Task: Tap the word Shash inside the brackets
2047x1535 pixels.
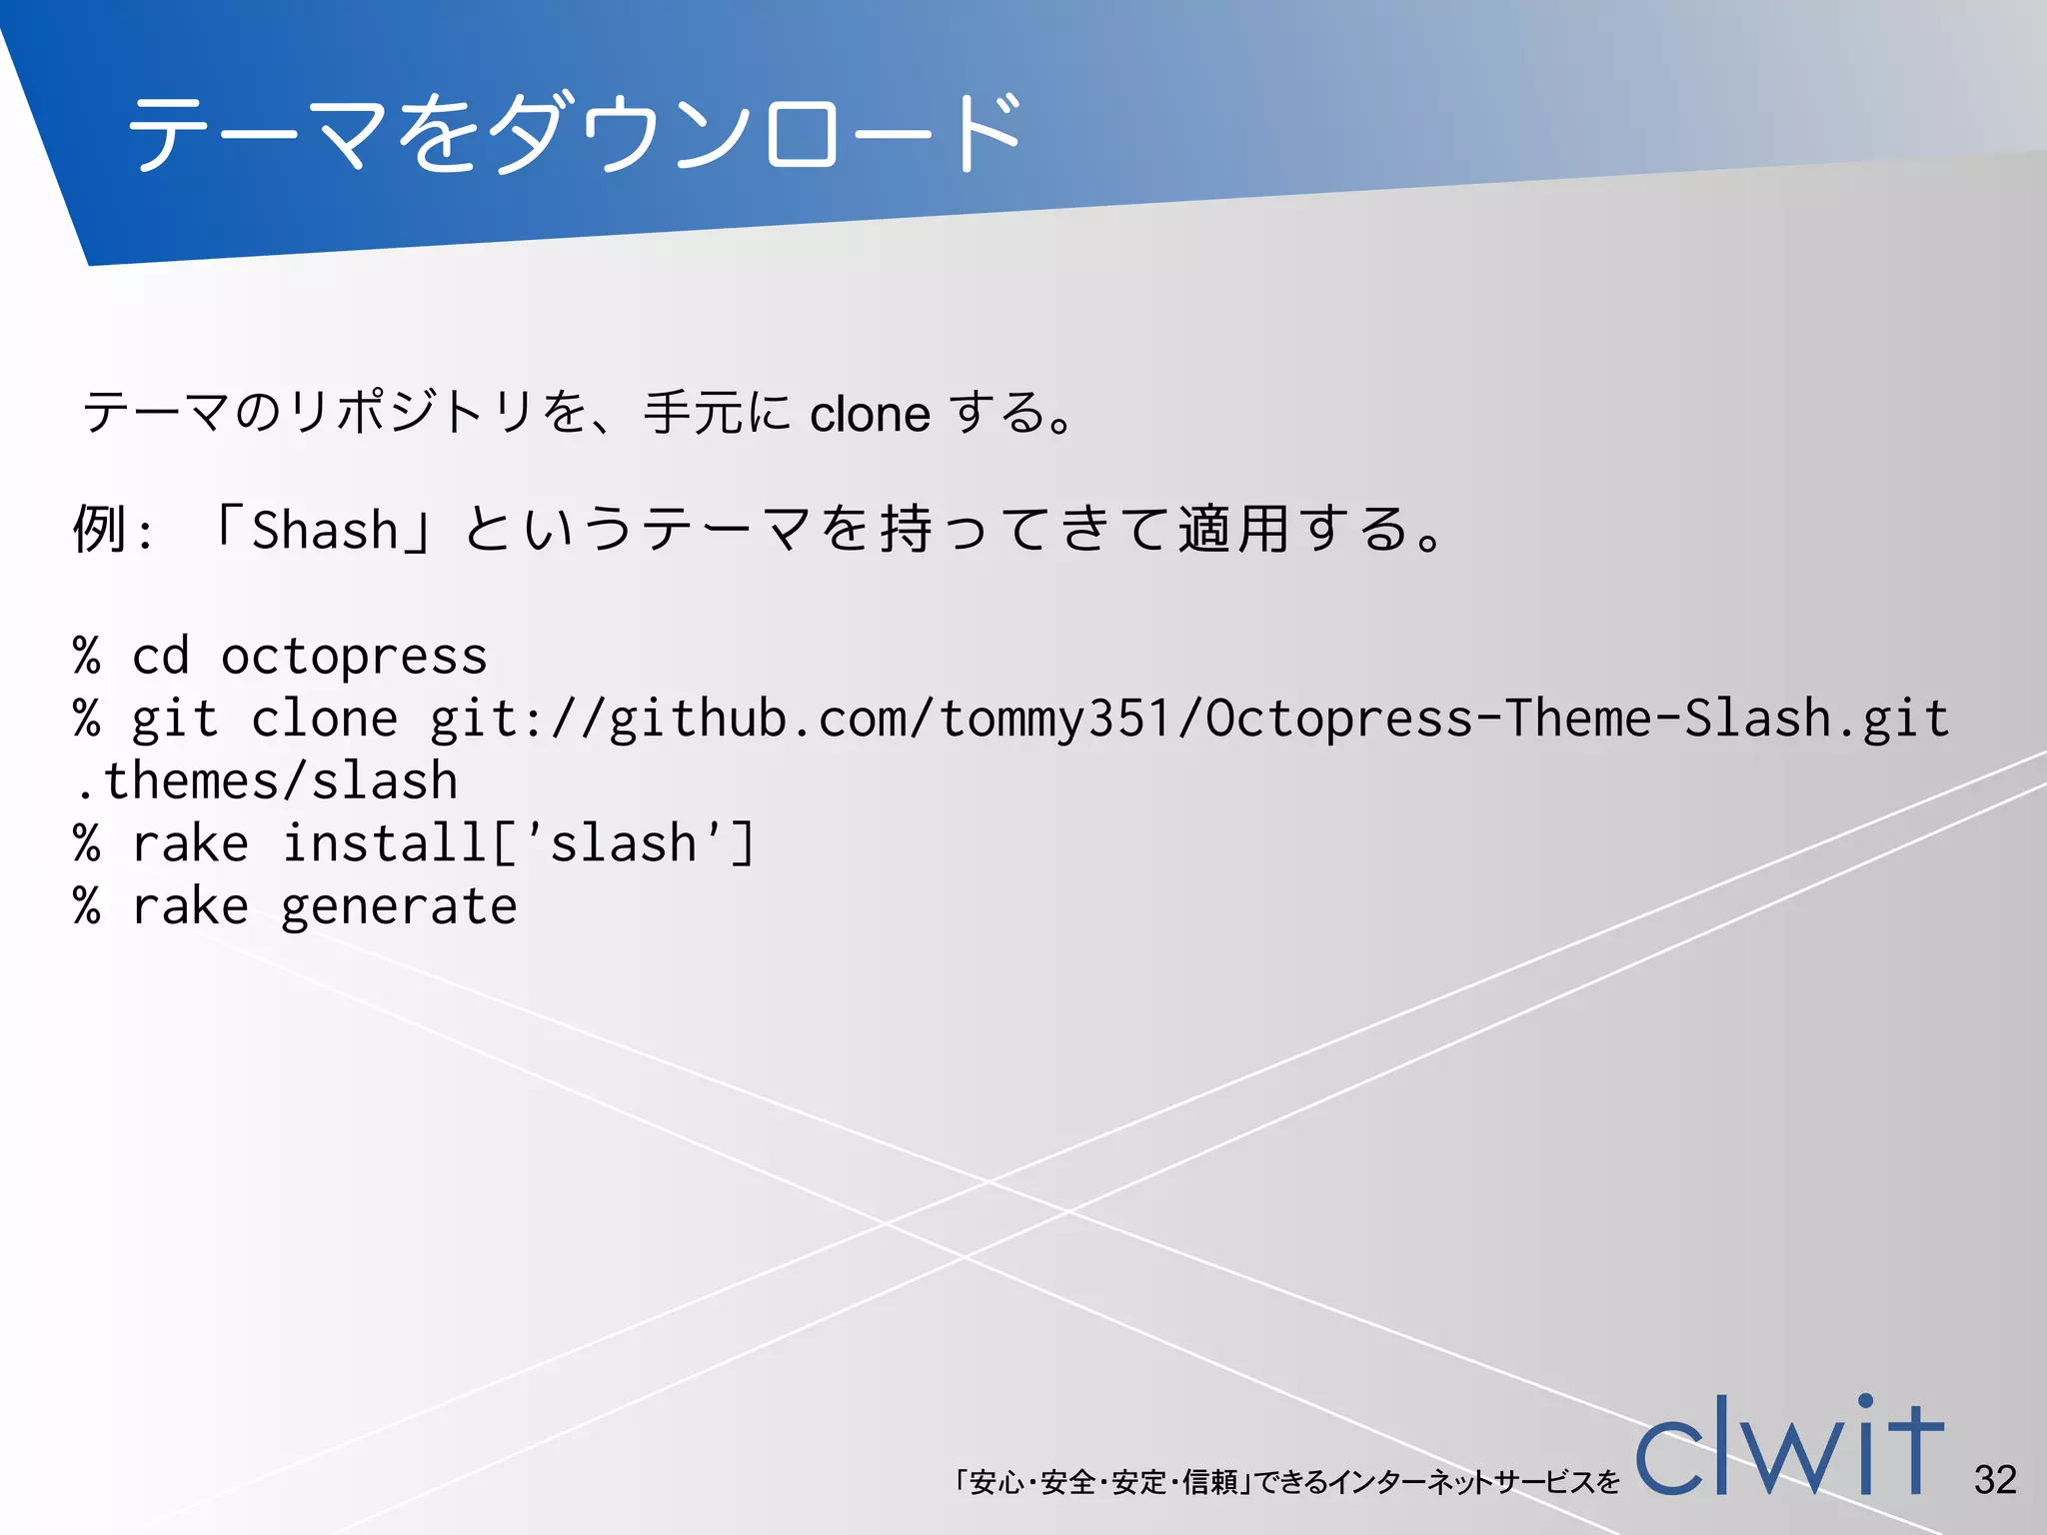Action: tap(325, 530)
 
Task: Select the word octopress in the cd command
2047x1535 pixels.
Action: tap(354, 658)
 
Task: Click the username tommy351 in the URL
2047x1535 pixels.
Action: tap(1054, 720)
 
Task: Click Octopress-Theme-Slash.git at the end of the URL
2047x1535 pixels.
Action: tap(1577, 720)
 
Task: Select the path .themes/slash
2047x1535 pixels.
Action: tap(266, 781)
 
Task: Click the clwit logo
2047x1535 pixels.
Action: tap(1789, 1449)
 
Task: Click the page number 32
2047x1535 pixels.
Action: tap(1995, 1480)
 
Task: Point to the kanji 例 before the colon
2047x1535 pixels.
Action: tap(99, 530)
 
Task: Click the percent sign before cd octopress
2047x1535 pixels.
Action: tap(87, 658)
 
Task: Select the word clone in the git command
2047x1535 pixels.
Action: tap(324, 720)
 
